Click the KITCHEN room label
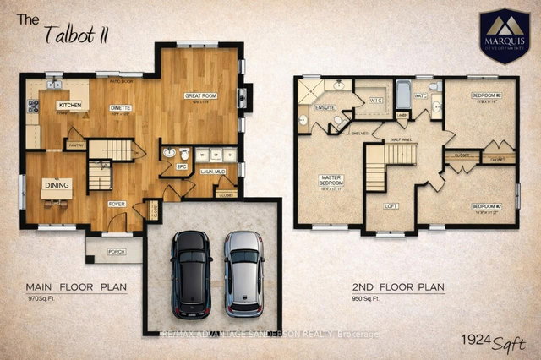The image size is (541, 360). (x=68, y=105)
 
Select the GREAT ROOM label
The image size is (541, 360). (x=201, y=96)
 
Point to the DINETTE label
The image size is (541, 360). (x=120, y=108)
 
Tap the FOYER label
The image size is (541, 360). (x=117, y=204)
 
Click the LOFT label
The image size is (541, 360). (x=391, y=205)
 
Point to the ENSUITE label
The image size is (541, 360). (x=325, y=109)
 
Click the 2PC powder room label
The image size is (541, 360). (x=181, y=166)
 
